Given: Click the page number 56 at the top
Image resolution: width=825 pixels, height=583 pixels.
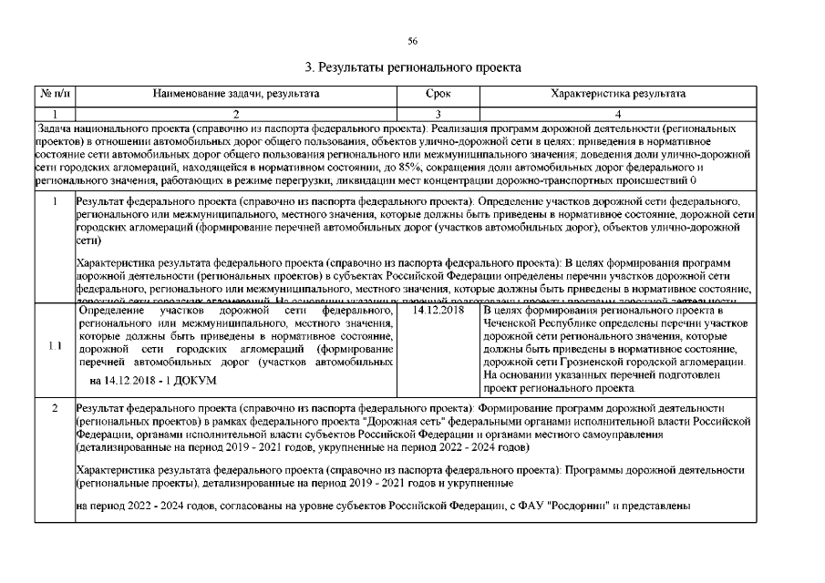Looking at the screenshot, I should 412,41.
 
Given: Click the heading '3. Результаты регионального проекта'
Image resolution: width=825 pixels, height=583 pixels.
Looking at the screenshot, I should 412,67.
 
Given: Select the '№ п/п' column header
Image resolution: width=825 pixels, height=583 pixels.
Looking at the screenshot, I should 55,94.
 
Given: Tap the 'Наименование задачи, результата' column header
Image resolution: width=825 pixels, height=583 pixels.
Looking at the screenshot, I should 236,94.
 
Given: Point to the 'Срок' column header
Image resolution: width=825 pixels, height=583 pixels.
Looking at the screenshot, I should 438,94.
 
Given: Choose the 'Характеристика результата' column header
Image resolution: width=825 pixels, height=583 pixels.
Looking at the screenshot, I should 618,94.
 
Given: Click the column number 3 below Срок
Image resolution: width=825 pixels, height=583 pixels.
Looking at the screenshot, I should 438,114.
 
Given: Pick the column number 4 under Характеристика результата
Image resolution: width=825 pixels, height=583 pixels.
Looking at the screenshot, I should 618,114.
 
